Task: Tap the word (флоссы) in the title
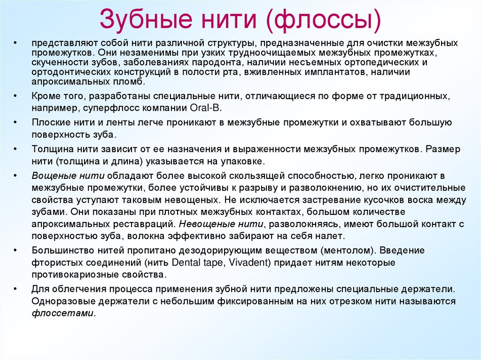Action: click(x=324, y=19)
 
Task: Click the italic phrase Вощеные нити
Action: click(x=68, y=176)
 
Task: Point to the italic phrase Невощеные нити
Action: click(x=216, y=224)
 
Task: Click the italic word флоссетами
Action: click(x=63, y=313)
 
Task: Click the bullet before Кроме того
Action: click(x=15, y=96)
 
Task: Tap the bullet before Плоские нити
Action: click(x=15, y=123)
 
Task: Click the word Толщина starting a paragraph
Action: click(x=51, y=149)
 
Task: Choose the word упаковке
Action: click(x=244, y=161)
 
